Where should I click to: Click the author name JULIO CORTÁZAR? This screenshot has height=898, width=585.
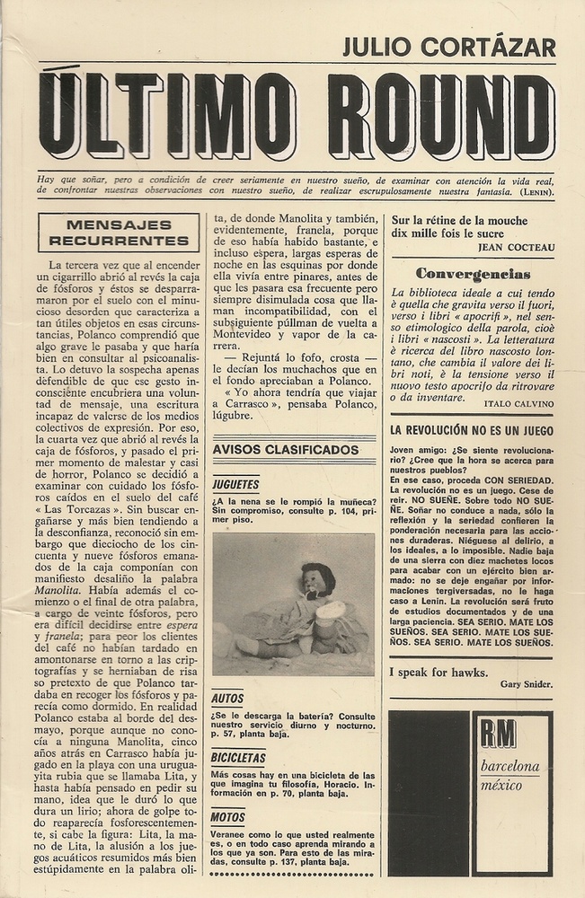pyautogui.click(x=448, y=47)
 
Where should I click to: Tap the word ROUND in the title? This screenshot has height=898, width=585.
pyautogui.click(x=440, y=116)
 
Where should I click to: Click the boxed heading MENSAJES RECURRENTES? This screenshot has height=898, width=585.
pyautogui.click(x=119, y=233)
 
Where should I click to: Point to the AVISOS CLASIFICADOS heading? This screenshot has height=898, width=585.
pyautogui.click(x=286, y=449)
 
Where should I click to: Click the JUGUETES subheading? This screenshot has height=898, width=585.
pyautogui.click(x=235, y=484)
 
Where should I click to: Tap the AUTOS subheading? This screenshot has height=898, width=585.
pyautogui.click(x=227, y=699)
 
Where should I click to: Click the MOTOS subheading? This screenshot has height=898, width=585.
pyautogui.click(x=228, y=817)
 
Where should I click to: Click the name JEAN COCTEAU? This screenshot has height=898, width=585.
pyautogui.click(x=517, y=248)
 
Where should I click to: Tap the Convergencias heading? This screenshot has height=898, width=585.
pyautogui.click(x=473, y=274)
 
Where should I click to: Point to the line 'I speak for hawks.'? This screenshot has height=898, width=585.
pyautogui.click(x=439, y=672)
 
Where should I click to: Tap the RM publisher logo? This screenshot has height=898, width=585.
pyautogui.click(x=497, y=734)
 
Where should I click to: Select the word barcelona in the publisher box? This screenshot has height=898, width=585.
pyautogui.click(x=510, y=766)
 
